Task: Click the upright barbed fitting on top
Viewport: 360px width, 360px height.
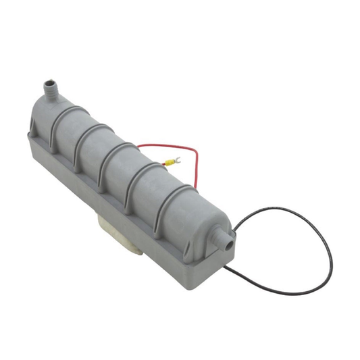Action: point(49,89)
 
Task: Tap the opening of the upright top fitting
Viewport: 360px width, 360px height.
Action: point(47,82)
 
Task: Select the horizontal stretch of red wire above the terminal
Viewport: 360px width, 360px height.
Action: point(169,145)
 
